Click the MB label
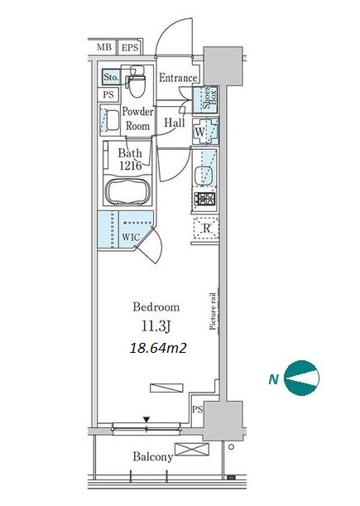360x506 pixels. [x=104, y=47]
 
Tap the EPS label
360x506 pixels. [x=130, y=48]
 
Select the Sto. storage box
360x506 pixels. [x=111, y=77]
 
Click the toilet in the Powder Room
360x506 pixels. [x=137, y=82]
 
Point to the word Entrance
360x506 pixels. [x=178, y=78]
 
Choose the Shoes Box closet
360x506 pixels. [x=206, y=99]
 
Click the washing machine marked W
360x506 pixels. [x=205, y=132]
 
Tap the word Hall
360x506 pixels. [x=175, y=123]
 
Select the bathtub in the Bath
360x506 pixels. [x=128, y=191]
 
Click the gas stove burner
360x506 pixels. [x=204, y=199]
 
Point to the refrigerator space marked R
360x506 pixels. [x=206, y=228]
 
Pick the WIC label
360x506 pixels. [x=131, y=237]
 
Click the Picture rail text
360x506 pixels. [x=213, y=311]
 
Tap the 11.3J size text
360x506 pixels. [x=156, y=326]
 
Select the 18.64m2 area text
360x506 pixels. [x=158, y=348]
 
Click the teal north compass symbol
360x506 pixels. [x=301, y=378]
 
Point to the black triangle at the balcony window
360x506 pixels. [x=146, y=420]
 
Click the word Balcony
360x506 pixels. [x=153, y=456]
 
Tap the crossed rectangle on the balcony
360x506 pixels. [x=192, y=449]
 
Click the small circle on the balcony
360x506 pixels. [x=231, y=447]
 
